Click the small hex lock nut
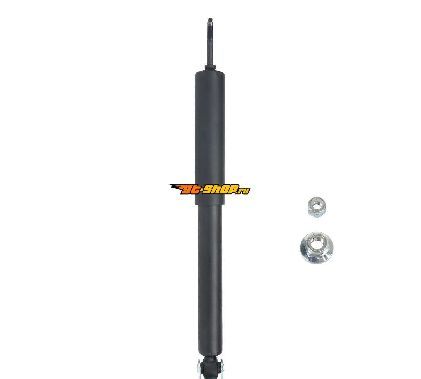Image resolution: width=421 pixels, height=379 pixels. [x=317, y=207]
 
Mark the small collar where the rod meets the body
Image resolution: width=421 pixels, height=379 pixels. [x=210, y=67]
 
